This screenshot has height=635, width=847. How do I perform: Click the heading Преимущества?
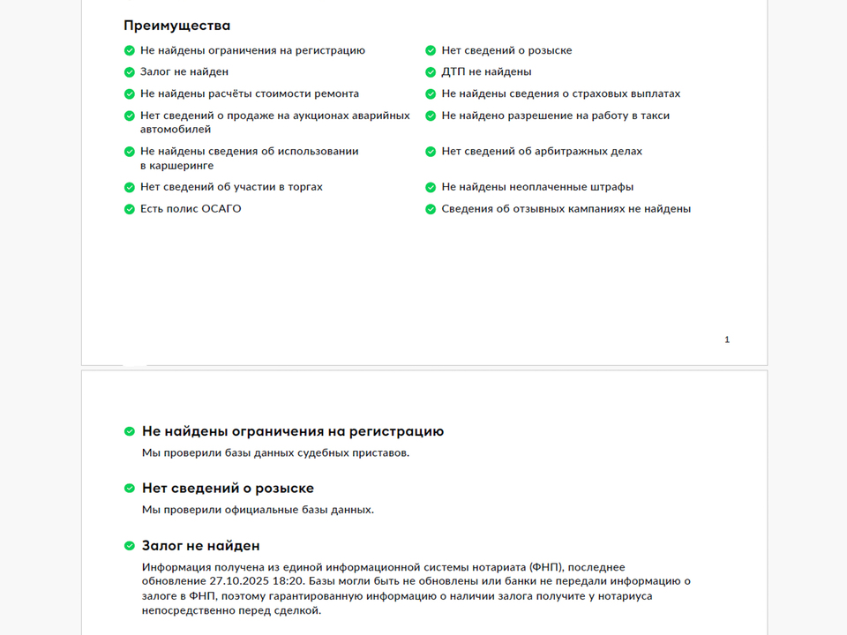pyautogui.click(x=176, y=26)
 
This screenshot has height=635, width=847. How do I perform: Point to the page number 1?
pyautogui.click(x=727, y=340)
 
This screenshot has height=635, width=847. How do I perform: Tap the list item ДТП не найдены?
pyautogui.click(x=486, y=72)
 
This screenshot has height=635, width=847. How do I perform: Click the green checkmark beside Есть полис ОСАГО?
pyautogui.click(x=130, y=209)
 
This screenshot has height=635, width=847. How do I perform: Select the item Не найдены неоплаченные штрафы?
pyautogui.click(x=537, y=187)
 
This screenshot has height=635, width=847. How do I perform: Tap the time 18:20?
pyautogui.click(x=288, y=580)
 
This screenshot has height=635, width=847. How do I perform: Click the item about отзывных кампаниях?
pyautogui.click(x=566, y=209)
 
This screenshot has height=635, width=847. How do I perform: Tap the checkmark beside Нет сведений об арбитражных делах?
pyautogui.click(x=431, y=152)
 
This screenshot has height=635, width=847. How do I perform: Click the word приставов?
pyautogui.click(x=381, y=453)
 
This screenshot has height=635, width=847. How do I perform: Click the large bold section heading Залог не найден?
pyautogui.click(x=200, y=546)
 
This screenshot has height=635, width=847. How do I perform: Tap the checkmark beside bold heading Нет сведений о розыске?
pyautogui.click(x=130, y=488)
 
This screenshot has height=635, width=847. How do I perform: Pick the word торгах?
pyautogui.click(x=303, y=187)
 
